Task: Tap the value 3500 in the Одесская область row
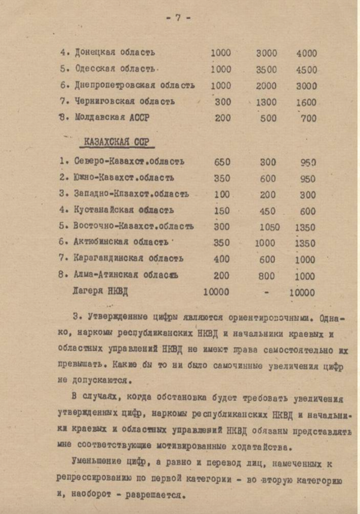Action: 266,69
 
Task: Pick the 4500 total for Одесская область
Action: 306,69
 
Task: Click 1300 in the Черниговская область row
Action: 266,102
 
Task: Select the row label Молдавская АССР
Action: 112,118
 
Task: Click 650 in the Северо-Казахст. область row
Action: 222,162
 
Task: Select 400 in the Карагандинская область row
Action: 222,259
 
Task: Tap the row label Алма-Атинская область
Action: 128,276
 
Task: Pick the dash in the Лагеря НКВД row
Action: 266,292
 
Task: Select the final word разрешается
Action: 158,495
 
